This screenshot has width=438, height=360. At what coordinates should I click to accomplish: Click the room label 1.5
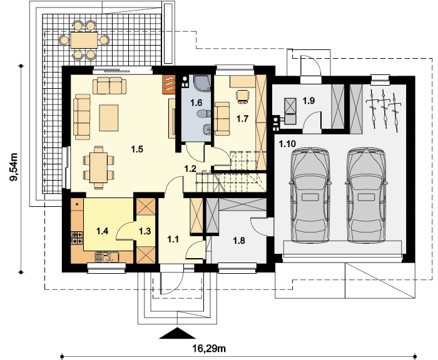coord(137,149)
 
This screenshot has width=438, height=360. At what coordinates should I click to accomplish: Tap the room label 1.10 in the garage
coord(287,144)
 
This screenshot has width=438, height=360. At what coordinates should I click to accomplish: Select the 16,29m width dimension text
coord(209,349)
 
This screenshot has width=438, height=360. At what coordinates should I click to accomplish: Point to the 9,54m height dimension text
coord(14,167)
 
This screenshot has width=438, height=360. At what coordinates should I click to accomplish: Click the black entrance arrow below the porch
coord(177,333)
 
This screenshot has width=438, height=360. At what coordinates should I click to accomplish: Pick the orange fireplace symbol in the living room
coord(169,84)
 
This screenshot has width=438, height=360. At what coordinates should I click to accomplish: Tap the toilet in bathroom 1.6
coord(203,114)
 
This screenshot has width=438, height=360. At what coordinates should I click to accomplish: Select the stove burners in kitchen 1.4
coord(77,238)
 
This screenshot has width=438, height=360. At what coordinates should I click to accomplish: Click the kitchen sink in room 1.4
coord(107,257)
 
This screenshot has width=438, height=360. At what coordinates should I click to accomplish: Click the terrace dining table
coord(84,40)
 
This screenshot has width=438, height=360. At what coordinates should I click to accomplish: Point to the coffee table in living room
coord(109,117)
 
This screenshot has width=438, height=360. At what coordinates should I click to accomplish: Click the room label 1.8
coord(239,241)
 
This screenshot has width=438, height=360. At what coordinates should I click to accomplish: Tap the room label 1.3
coord(145,231)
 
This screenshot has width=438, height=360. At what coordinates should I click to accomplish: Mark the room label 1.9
coord(308,101)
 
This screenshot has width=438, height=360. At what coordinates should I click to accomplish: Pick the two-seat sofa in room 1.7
coord(222,119)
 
